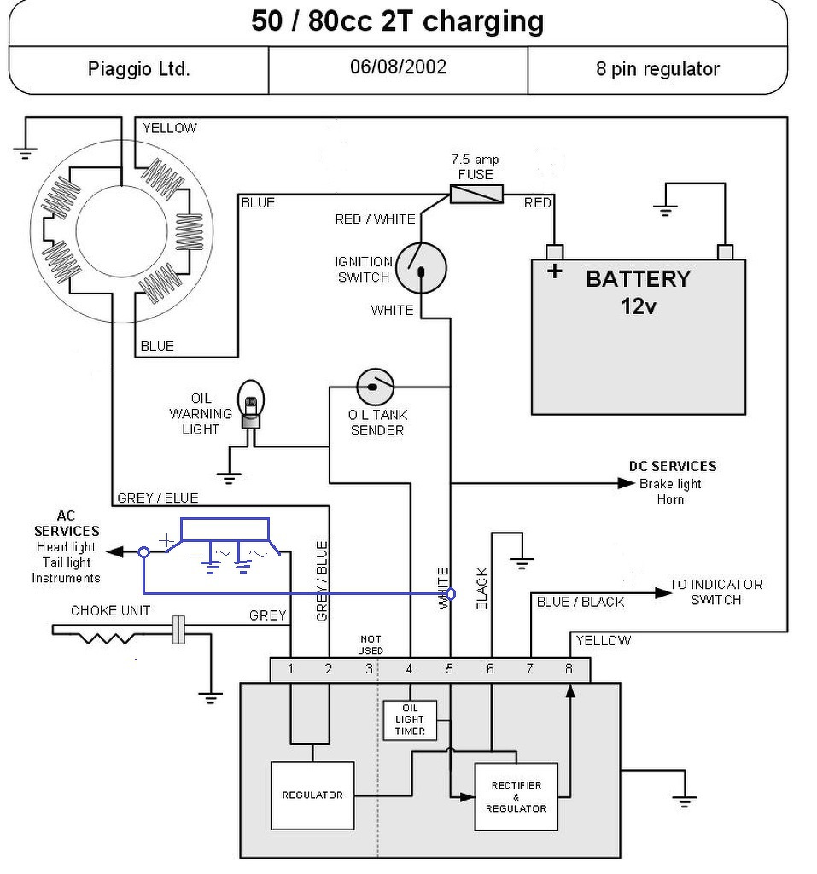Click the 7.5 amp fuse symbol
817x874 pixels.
(476, 194)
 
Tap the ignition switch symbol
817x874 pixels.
(422, 267)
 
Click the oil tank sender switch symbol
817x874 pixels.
(375, 388)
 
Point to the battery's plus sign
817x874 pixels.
(555, 271)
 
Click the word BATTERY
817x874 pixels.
(638, 279)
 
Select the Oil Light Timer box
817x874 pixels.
(409, 720)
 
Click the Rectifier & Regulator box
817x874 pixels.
(516, 796)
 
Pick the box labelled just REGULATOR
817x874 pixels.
(312, 795)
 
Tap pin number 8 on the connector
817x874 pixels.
(569, 669)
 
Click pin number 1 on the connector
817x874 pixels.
(291, 669)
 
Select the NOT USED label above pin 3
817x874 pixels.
(371, 644)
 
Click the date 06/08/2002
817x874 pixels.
(398, 67)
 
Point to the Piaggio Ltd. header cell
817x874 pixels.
(138, 69)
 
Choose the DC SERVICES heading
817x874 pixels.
(672, 466)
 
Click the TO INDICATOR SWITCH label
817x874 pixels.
(715, 591)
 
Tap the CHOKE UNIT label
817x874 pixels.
(110, 611)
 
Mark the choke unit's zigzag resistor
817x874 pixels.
(108, 636)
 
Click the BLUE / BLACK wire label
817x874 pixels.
(580, 602)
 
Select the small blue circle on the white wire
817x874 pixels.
(451, 593)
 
